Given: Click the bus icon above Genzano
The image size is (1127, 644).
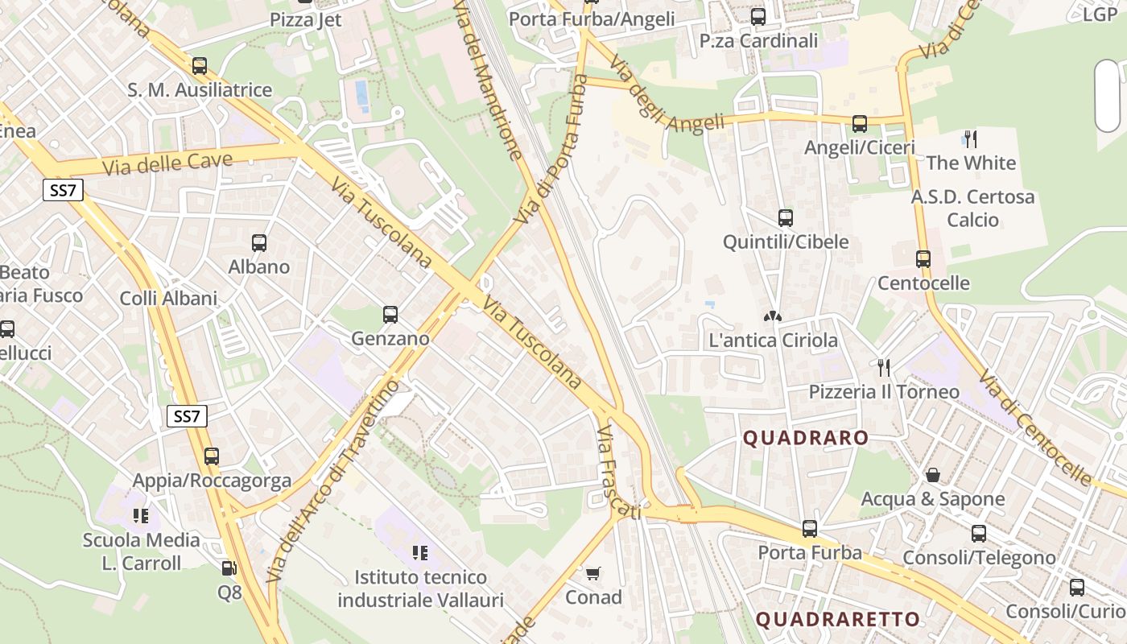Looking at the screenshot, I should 390,314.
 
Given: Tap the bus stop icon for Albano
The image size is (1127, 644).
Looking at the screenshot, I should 259,242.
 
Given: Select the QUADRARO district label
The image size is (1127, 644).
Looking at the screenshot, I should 806,439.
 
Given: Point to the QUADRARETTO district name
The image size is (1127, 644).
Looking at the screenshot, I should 838,619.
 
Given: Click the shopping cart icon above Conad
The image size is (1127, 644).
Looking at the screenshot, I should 593,573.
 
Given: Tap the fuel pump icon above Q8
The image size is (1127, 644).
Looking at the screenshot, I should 229,568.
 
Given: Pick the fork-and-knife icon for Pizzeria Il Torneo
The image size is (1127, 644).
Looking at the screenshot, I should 884,368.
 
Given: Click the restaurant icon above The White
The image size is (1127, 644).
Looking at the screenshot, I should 971,139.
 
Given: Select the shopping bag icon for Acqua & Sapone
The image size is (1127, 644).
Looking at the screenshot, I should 933,475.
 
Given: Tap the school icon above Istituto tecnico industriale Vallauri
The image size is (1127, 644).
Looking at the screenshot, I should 419,553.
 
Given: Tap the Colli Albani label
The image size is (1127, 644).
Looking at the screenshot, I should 168,299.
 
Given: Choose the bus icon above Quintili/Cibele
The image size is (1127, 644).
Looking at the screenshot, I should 786,217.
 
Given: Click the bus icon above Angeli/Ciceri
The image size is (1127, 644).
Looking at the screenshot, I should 860,124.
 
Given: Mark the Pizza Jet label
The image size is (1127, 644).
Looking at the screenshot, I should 306,19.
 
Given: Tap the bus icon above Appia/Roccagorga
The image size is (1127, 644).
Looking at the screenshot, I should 212,456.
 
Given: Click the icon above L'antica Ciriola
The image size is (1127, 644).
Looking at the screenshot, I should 773,316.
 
